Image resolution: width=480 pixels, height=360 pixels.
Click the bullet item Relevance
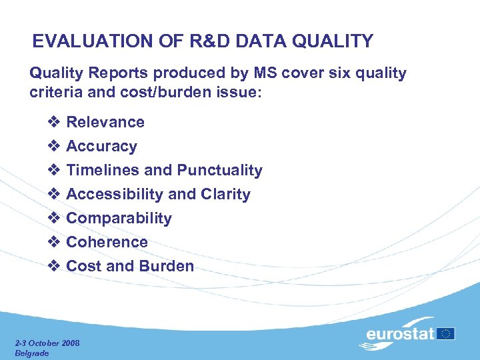point(105,122)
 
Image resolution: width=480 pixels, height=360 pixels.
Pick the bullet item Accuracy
point(101,146)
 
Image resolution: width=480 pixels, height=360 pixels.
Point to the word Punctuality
point(219,170)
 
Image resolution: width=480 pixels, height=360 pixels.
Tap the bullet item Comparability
point(119,218)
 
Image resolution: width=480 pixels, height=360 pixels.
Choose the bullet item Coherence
point(107,242)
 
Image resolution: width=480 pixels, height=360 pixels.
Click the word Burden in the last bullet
point(166,266)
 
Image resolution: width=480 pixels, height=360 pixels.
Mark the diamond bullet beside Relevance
point(55,122)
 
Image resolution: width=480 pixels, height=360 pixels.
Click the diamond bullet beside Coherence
point(55,242)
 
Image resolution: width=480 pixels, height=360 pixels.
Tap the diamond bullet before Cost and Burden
point(55,266)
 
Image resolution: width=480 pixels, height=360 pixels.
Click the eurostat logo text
point(401,333)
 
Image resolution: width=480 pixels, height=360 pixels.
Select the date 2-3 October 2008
point(47,343)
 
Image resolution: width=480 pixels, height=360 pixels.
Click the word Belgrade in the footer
point(32,353)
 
